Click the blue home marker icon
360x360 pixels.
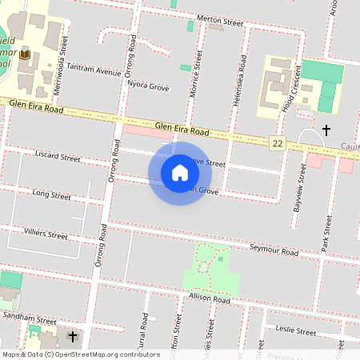coord(180,173)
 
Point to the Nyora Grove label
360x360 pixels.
coord(148,86)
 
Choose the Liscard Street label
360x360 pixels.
coord(58,154)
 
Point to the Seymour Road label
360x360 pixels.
coord(274,250)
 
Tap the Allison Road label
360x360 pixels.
coord(209,298)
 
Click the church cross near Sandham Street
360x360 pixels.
coord(72,336)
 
